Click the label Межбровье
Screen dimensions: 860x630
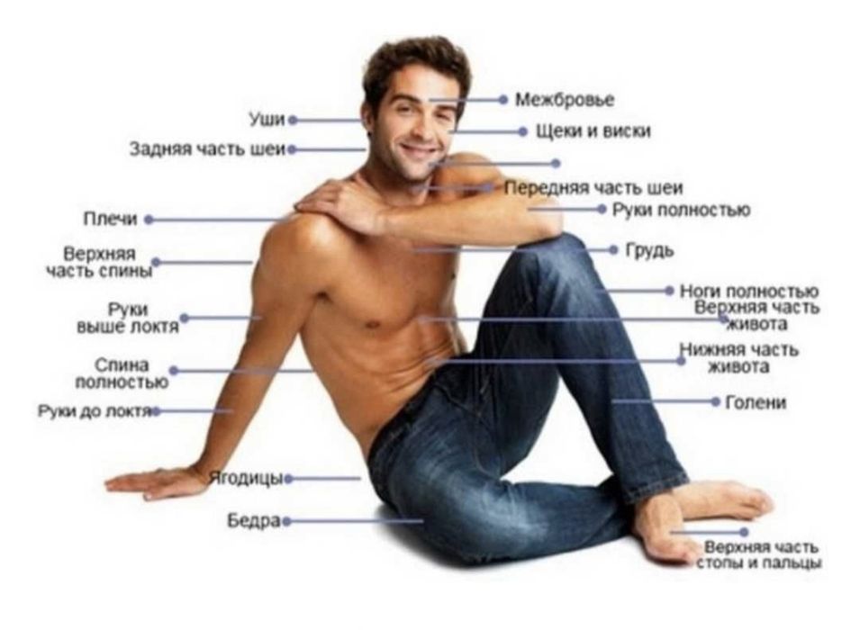tap(565, 100)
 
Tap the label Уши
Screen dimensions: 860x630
tap(267, 119)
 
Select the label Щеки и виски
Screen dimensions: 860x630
tap(593, 131)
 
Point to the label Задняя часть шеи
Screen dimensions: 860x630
tap(208, 149)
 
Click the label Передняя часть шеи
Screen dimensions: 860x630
tap(593, 188)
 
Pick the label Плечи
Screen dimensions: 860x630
tap(110, 219)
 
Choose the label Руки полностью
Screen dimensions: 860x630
tap(681, 210)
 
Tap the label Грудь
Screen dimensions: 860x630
tap(649, 250)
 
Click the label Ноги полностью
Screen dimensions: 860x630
tap(749, 291)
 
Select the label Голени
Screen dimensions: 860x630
tap(756, 402)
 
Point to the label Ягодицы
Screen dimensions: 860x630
tap(246, 479)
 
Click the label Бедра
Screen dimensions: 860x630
tap(254, 520)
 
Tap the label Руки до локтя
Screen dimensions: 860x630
tap(95, 410)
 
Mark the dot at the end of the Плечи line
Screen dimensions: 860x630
tap(148, 220)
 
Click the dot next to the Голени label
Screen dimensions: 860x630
tap(715, 402)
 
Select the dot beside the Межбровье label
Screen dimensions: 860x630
tap(503, 100)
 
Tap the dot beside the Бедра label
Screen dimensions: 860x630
tap(285, 521)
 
